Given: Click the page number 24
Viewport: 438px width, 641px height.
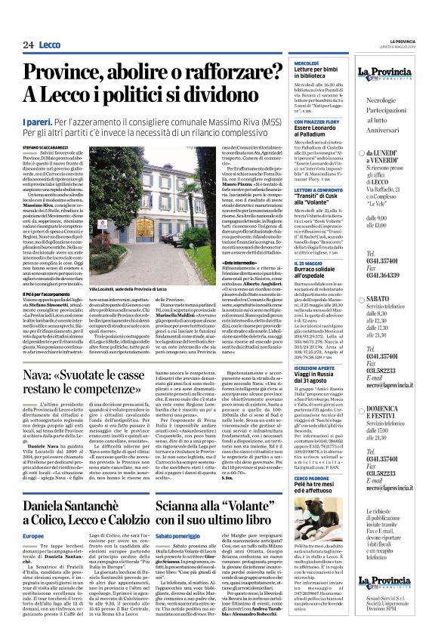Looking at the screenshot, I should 28,45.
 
